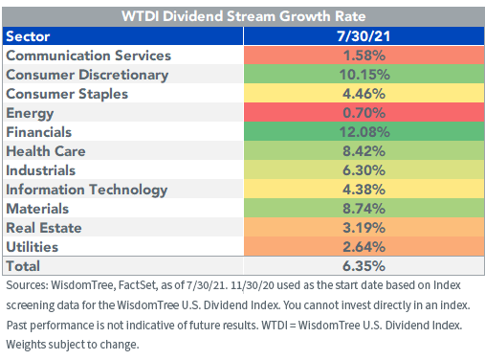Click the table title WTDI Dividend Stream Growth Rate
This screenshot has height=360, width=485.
pos(242,16)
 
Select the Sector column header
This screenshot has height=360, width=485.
pos(31,36)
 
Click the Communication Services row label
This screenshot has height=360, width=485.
pos(88,56)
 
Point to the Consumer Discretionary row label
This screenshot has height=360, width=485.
pos(87,74)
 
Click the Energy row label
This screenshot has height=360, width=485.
pos(31,112)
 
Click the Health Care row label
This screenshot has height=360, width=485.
pos(47,150)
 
